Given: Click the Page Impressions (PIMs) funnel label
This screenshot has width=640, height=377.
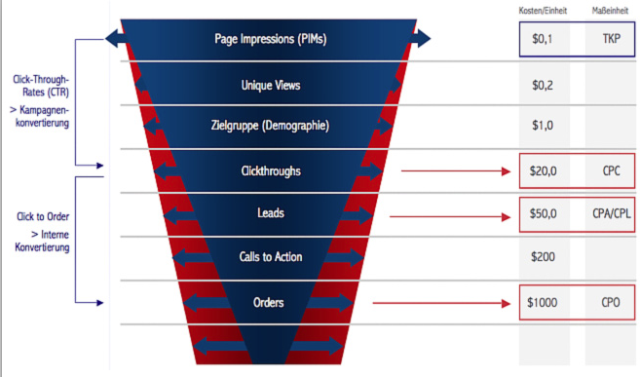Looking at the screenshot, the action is tap(269, 40).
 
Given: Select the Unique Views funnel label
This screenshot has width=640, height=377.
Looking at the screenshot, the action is tap(270, 85).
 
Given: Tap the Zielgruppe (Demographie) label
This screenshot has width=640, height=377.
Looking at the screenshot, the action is tap(270, 126).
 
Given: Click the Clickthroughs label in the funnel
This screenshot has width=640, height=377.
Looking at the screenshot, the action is tap(270, 170).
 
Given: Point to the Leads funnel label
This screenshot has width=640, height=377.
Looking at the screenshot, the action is tap(270, 211).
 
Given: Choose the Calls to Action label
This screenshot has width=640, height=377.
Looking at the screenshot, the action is tap(270, 257).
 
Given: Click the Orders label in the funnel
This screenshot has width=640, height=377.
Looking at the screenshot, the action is tap(270, 303).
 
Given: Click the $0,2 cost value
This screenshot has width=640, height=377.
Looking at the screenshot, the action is tap(543, 85).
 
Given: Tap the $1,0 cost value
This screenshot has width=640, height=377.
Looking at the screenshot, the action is tap(543, 126).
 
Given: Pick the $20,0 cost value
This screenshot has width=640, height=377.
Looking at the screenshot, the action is tap(543, 171).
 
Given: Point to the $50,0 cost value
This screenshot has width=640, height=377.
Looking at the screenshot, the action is tap(543, 213).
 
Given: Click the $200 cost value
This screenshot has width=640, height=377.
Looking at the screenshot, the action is tap(543, 257).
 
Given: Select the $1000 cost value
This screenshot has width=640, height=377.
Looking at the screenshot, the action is tap(543, 303).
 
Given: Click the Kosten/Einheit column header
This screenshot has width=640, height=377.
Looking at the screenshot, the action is tap(542, 10).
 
